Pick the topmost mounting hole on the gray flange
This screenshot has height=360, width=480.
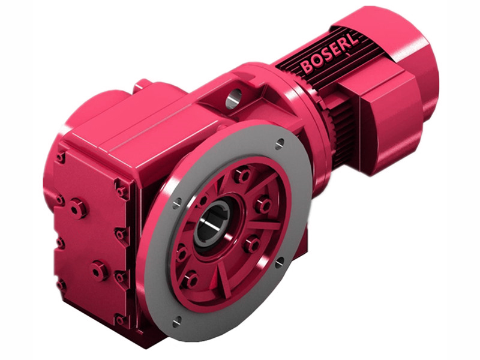(280, 142)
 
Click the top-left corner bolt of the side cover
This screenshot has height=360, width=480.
(61, 157)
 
